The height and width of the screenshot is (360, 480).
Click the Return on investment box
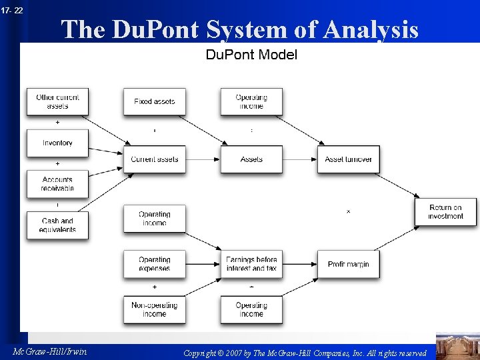click(x=445, y=211)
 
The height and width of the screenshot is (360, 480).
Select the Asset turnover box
click(x=348, y=159)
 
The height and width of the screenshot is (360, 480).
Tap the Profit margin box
click(x=348, y=264)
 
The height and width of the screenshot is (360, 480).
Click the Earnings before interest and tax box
click(x=251, y=264)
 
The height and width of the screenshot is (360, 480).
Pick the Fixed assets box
click(x=154, y=101)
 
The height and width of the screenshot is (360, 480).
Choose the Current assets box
click(x=154, y=159)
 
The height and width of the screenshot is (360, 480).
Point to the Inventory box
click(x=57, y=143)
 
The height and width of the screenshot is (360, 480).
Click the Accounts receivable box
click(x=57, y=184)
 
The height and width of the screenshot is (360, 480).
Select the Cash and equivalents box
click(x=57, y=225)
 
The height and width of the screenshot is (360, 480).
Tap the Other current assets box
click(x=57, y=101)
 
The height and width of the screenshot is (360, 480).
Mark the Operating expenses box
click(x=154, y=264)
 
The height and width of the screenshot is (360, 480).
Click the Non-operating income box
click(x=154, y=309)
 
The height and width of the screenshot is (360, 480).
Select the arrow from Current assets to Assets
click(x=203, y=159)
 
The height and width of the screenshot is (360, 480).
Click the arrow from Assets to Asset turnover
click(x=300, y=159)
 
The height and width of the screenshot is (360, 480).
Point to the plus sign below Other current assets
click(x=57, y=123)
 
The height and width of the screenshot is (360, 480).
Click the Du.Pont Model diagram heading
click(x=251, y=55)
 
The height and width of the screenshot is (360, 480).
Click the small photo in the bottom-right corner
click(x=457, y=346)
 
